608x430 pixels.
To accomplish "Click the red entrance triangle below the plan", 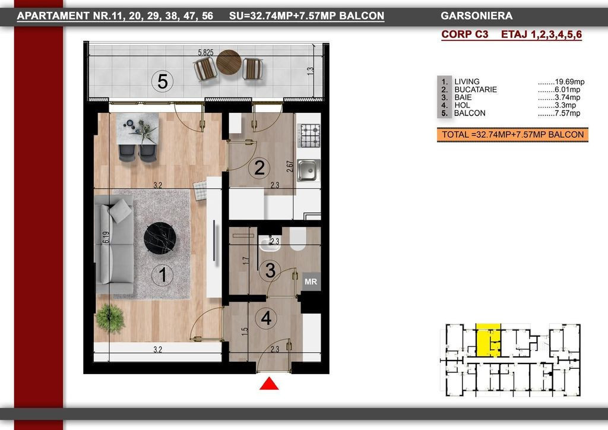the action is (269, 384).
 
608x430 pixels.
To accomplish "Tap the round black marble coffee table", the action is (160, 238).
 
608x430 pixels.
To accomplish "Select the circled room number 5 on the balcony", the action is (163, 82).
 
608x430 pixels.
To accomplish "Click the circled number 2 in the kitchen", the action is (259, 168).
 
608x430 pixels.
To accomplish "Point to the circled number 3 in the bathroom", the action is (270, 270).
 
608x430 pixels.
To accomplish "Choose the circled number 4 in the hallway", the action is (267, 318).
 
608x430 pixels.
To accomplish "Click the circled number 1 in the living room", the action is (163, 274).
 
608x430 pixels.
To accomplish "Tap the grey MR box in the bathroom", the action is (311, 282).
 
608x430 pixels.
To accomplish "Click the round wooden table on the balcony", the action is (229, 62).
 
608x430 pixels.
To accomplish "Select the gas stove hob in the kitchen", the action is (309, 135).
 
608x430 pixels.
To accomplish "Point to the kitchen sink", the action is (309, 170).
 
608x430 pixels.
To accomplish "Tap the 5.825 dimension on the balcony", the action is (205, 52).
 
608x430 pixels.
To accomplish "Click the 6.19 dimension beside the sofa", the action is (106, 238).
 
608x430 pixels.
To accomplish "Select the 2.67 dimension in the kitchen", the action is (290, 167).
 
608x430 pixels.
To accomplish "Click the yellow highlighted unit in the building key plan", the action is (488, 340).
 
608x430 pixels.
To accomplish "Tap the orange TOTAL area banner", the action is (512, 135).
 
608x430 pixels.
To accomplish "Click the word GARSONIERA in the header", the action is (477, 16).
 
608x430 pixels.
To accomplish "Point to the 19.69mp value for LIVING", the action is (569, 82).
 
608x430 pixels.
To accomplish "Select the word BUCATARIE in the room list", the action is (476, 90).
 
